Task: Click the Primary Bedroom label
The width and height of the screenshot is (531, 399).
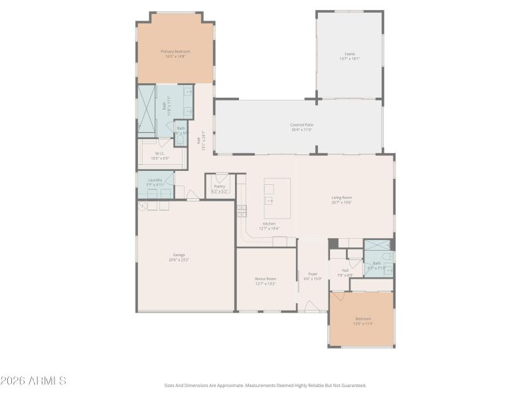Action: click(x=175, y=51)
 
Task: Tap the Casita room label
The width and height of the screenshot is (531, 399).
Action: click(x=349, y=54)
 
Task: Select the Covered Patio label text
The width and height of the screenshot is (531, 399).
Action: click(x=301, y=124)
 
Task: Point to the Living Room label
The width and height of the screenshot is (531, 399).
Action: click(x=341, y=198)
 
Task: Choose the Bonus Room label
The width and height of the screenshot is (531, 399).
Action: click(x=265, y=279)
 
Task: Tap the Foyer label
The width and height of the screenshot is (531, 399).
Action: click(x=313, y=273)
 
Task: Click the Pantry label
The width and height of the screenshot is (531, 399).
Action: click(x=219, y=186)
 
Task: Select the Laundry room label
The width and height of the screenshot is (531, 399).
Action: click(x=155, y=180)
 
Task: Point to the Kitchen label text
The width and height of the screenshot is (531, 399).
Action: click(x=269, y=223)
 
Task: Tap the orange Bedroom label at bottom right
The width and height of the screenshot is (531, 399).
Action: click(x=363, y=319)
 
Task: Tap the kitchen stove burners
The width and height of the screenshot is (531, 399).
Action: click(x=242, y=211)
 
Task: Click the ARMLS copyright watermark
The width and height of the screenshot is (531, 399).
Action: click(x=33, y=381)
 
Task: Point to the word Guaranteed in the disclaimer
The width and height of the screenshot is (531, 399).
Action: click(x=352, y=385)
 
